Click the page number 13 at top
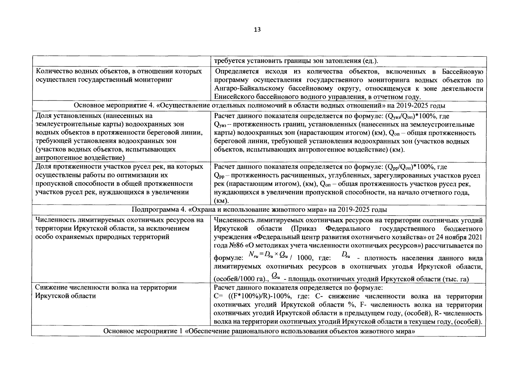257,30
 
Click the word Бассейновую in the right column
463,72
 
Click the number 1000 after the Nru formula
304,258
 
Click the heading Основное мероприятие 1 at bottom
143,332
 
